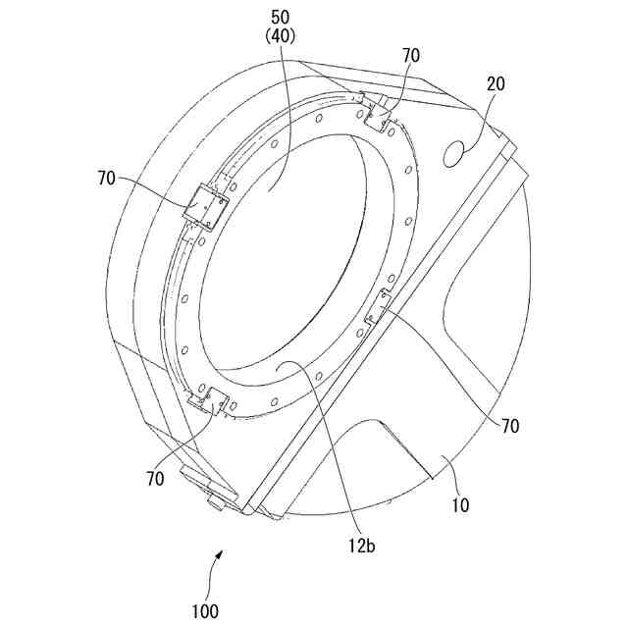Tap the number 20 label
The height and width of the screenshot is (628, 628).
(x=495, y=84)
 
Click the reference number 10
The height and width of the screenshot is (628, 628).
(x=460, y=506)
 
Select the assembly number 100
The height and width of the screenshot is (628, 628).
(x=206, y=610)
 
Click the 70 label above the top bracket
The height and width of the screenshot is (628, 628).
(x=413, y=55)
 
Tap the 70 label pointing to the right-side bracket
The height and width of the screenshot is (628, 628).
(x=509, y=426)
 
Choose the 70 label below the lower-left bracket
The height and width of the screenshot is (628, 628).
(x=155, y=479)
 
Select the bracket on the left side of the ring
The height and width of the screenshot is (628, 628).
(x=207, y=205)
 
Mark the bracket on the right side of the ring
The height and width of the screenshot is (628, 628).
(x=378, y=309)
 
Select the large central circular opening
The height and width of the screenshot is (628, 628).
(x=285, y=255)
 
